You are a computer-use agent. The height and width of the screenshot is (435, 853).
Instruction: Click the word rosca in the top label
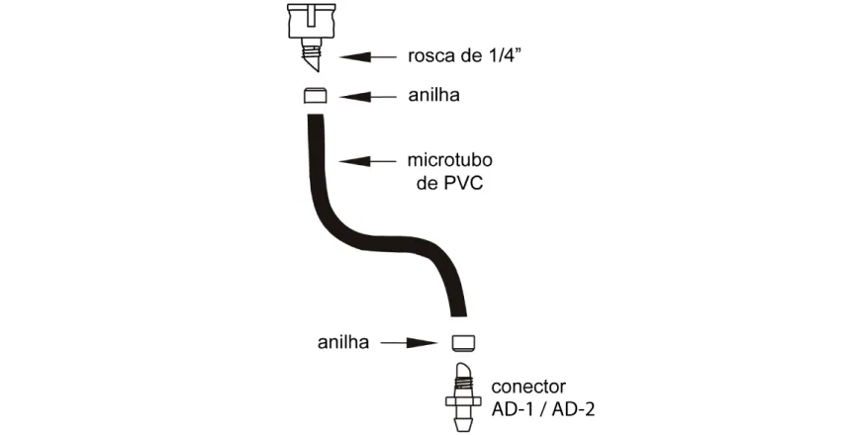coord(432,56)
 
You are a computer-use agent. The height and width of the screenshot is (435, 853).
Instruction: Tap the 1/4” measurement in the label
coord(507,55)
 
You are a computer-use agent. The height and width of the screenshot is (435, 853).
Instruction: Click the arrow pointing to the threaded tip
coord(368,56)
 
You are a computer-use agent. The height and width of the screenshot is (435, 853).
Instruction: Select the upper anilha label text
coord(434,95)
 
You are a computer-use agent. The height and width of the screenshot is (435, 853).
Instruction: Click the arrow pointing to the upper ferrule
coord(368,97)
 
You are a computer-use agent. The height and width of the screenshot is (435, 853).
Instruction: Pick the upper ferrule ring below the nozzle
coord(316,95)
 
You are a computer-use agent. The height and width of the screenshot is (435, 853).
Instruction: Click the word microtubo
coord(450,160)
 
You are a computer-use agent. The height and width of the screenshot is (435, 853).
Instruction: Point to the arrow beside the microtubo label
coord(368,160)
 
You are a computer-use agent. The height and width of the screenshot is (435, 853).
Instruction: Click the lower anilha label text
coord(343,342)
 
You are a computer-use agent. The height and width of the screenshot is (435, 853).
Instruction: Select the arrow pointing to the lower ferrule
coord(409,342)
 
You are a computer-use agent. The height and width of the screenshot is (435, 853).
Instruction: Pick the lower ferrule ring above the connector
coord(464,341)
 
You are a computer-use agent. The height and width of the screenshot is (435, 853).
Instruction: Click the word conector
coord(528,387)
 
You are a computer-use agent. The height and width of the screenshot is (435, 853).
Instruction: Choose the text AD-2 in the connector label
coord(573,409)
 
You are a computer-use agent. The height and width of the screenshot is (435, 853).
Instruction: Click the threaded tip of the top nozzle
coord(311,56)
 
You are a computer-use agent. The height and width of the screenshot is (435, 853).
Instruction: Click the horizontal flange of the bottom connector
coord(463,401)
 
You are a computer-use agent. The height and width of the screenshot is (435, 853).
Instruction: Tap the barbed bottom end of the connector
coord(463,419)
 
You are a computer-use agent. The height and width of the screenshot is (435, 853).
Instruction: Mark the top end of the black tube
coord(316,116)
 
